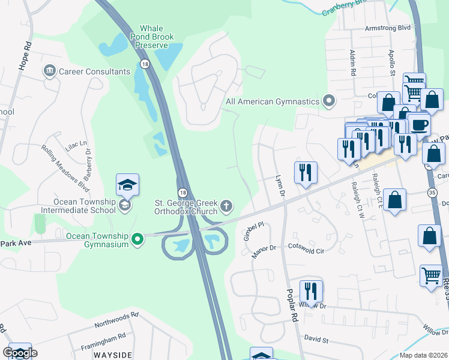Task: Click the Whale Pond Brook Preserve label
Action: tap(157, 37)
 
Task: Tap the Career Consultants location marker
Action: tap(49, 71)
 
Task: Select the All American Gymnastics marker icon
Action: tap(328, 101)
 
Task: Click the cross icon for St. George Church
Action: tap(226, 206)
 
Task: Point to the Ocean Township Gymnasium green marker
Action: tap(137, 239)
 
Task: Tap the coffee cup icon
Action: tap(419, 124)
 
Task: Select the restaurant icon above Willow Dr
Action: tap(311, 292)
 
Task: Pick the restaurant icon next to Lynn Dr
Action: tap(305, 173)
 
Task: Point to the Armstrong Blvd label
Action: tap(388, 28)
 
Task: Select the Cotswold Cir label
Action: tap(306, 248)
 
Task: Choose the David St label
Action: tap(316, 340)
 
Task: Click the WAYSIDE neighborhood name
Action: tap(113, 355)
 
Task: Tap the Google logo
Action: tap(19, 353)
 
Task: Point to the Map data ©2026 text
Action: tap(423, 355)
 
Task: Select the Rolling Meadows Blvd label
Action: tap(61, 164)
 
